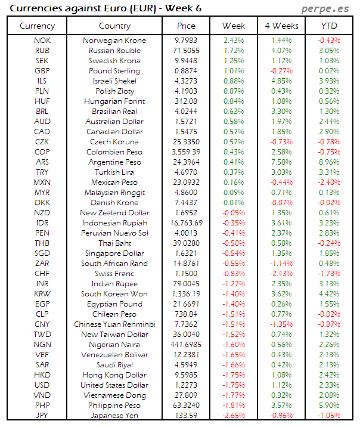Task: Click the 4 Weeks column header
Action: click(281, 26)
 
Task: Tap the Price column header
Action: click(186, 26)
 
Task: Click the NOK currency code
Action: click(42, 41)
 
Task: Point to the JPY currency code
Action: click(42, 416)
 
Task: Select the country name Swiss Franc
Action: click(114, 274)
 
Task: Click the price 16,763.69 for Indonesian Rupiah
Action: click(186, 223)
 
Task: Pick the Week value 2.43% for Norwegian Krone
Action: click(233, 41)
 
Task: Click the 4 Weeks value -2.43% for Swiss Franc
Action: click(281, 274)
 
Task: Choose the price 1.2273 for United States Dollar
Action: click(186, 385)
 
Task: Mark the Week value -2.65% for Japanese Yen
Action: click(233, 416)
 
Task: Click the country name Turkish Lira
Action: click(114, 172)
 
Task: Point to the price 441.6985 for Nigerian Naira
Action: click(186, 345)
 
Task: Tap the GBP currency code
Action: click(42, 71)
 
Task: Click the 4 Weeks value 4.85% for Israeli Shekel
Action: click(281, 81)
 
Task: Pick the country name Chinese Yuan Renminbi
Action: click(114, 324)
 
